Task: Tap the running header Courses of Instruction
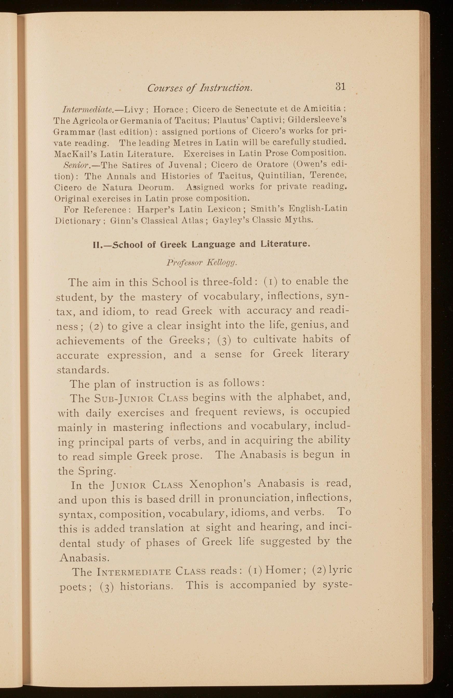(200, 88)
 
